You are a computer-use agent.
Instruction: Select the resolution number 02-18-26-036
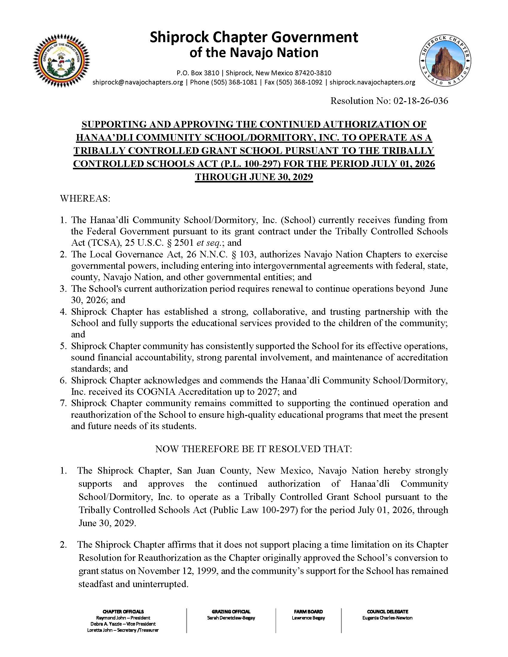click(420, 100)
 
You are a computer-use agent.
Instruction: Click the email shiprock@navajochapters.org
click(137, 82)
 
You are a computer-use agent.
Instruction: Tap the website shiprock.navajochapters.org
click(372, 82)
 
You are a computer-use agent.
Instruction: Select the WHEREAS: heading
click(85, 199)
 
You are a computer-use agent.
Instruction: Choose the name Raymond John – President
click(123, 618)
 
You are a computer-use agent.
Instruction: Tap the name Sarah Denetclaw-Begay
click(231, 618)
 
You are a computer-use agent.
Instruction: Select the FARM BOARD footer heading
click(308, 612)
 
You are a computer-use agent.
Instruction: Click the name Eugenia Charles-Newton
click(387, 618)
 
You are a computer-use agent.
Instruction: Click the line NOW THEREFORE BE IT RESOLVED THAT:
click(253, 449)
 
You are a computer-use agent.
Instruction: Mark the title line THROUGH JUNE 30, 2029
click(254, 177)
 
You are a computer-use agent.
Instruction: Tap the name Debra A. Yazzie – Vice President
click(123, 624)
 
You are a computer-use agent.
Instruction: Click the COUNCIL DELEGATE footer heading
click(387, 612)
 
